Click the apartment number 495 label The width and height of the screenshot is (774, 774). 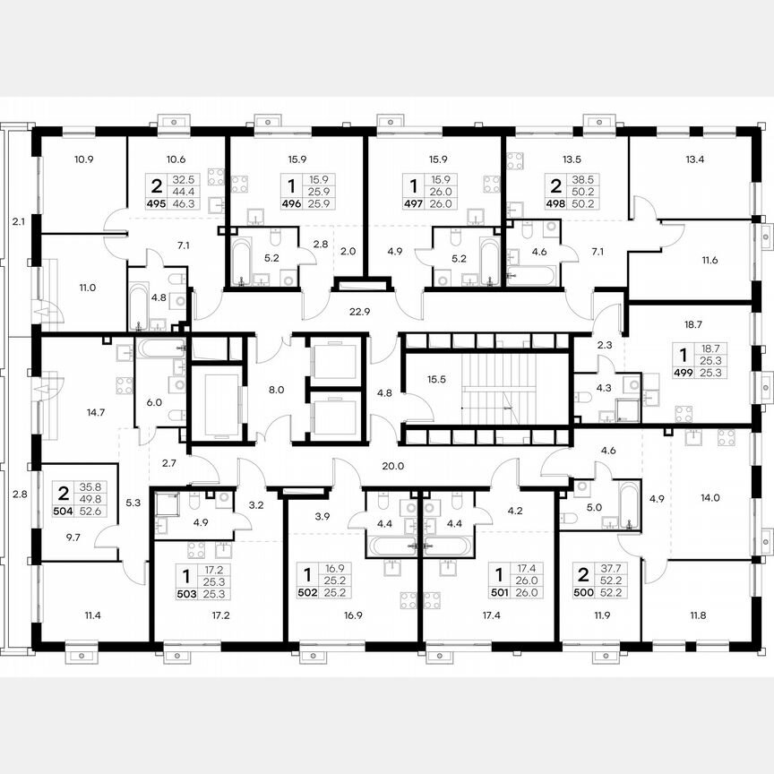pos(156,204)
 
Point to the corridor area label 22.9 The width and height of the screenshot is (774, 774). pos(361,311)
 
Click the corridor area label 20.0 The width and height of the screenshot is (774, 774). pos(392,465)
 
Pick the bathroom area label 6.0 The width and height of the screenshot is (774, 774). pos(155,402)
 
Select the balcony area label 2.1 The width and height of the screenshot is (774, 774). pos(19,219)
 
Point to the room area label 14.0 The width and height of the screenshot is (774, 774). pos(710,497)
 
